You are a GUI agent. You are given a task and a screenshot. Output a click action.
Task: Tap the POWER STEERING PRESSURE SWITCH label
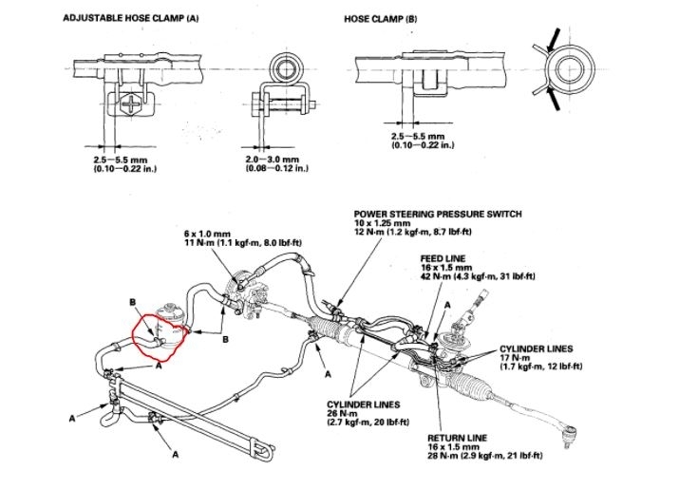point(437,214)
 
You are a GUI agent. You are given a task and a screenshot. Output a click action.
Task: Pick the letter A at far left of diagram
point(72,417)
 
